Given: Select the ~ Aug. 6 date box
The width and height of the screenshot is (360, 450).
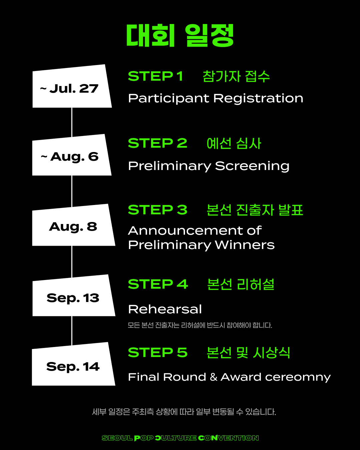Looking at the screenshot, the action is (x=72, y=155).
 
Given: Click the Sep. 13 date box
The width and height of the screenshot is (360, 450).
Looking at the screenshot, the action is (x=73, y=296).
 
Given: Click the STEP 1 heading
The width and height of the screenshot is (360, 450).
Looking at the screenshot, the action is (x=156, y=76).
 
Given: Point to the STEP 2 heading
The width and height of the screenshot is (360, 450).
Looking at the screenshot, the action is (x=158, y=143).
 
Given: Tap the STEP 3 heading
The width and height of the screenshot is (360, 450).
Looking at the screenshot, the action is (x=158, y=210).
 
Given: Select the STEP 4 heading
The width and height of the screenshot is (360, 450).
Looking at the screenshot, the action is (x=158, y=284).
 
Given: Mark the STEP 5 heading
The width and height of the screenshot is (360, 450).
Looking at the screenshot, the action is (x=158, y=352).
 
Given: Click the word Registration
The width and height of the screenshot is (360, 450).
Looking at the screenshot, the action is (x=258, y=98).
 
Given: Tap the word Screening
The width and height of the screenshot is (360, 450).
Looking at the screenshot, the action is (x=252, y=166).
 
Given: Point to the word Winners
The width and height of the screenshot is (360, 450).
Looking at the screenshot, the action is (x=245, y=245).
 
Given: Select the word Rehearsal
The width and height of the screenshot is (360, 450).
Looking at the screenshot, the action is (x=165, y=309).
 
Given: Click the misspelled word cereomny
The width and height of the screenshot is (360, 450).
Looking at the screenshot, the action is (x=298, y=377).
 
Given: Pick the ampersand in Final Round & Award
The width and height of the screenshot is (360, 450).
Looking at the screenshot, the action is (x=213, y=377).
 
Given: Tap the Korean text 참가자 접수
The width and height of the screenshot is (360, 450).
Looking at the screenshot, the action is (x=236, y=76).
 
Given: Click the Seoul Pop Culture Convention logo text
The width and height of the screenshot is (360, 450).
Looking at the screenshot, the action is (x=180, y=438).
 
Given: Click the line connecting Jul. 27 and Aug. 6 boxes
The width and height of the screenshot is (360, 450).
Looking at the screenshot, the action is (x=72, y=122).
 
